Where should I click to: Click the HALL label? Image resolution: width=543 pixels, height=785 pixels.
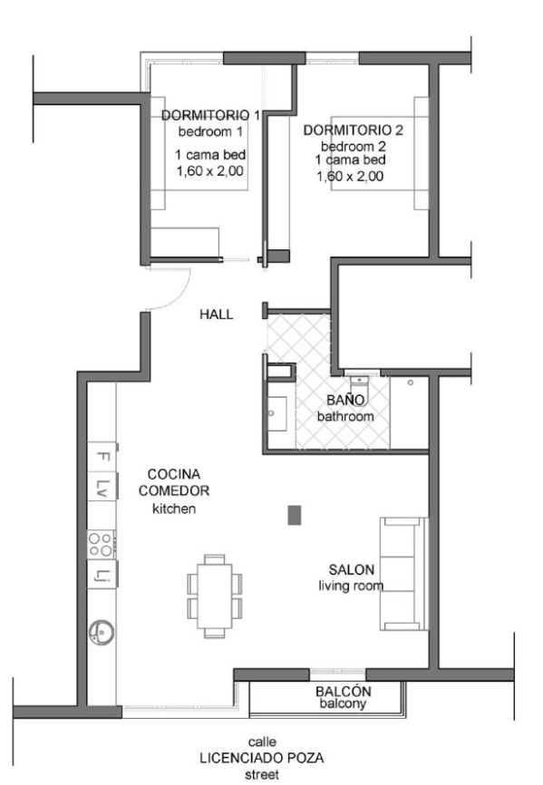point(216,315)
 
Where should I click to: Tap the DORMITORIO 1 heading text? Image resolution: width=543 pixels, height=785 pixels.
point(210,115)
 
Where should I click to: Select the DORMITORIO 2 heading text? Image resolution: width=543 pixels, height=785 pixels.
point(354,131)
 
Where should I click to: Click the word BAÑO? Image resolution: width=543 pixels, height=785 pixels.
point(345,400)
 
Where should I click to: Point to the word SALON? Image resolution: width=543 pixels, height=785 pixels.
point(352,570)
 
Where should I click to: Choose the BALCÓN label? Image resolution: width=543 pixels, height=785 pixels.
point(344,692)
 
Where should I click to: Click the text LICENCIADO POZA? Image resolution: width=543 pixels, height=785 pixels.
point(262,758)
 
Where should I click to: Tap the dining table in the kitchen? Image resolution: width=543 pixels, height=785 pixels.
point(215,596)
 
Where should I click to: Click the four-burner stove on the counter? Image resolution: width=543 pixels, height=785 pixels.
point(101,545)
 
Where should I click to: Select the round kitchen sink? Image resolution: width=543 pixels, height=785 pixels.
point(102,632)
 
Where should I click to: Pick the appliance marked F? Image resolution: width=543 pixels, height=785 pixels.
point(102,457)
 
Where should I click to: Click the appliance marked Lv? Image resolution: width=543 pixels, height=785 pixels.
point(102,487)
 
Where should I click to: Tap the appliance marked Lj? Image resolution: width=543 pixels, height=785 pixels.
point(102,574)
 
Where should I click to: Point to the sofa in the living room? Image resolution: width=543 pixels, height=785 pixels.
point(403,574)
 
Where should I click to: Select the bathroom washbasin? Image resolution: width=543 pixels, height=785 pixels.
point(276,413)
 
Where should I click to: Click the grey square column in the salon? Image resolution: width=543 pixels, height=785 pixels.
point(295,515)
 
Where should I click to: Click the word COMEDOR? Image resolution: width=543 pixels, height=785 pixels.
point(174,490)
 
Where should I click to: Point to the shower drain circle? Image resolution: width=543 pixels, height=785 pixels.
point(411,383)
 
